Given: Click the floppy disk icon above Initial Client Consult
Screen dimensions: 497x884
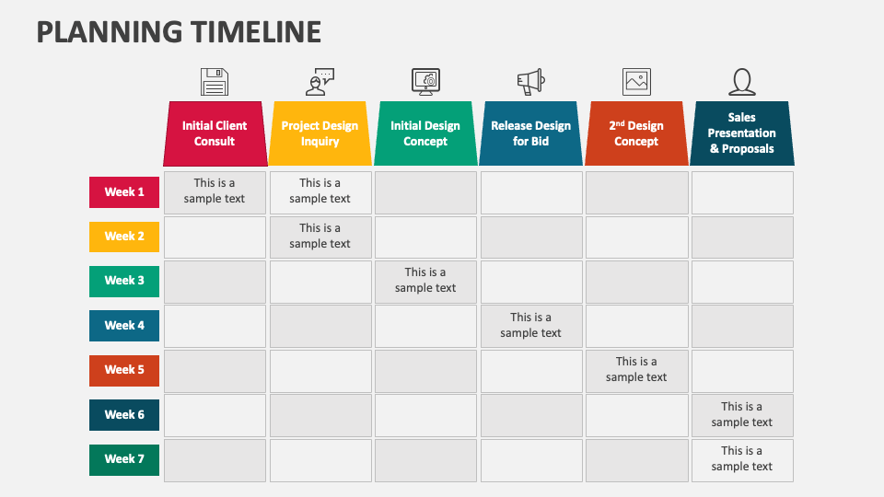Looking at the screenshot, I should [215, 82].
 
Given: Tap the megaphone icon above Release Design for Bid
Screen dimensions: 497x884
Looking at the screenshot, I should [530, 82].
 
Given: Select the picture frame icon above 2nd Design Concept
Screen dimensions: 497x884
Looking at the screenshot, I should [636, 82].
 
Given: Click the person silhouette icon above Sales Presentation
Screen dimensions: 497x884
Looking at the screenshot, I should [742, 82].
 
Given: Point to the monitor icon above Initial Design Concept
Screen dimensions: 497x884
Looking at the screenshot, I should [425, 82].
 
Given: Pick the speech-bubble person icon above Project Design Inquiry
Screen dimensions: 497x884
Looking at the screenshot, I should [320, 82].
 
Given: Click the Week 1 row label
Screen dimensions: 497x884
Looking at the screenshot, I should [124, 192].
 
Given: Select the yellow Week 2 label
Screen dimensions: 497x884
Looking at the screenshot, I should [124, 237].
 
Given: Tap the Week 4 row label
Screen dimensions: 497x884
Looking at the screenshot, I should [124, 326].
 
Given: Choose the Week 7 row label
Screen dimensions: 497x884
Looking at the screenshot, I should [124, 459].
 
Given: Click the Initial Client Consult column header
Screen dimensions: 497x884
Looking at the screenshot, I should [215, 134].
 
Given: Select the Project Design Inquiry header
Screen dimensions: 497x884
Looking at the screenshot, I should [320, 134].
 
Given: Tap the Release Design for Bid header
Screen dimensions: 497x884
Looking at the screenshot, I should [530, 134].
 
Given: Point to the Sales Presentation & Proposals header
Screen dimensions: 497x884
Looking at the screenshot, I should [742, 133].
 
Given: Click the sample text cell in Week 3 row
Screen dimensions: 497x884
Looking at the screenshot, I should [425, 281].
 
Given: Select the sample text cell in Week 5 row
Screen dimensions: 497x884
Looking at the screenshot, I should [636, 369].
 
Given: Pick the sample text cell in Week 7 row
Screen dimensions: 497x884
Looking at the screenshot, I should [742, 458].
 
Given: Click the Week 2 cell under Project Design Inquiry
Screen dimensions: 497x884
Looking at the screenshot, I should [320, 237].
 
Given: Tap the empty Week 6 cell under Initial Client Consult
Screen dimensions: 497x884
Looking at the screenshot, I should [215, 415].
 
